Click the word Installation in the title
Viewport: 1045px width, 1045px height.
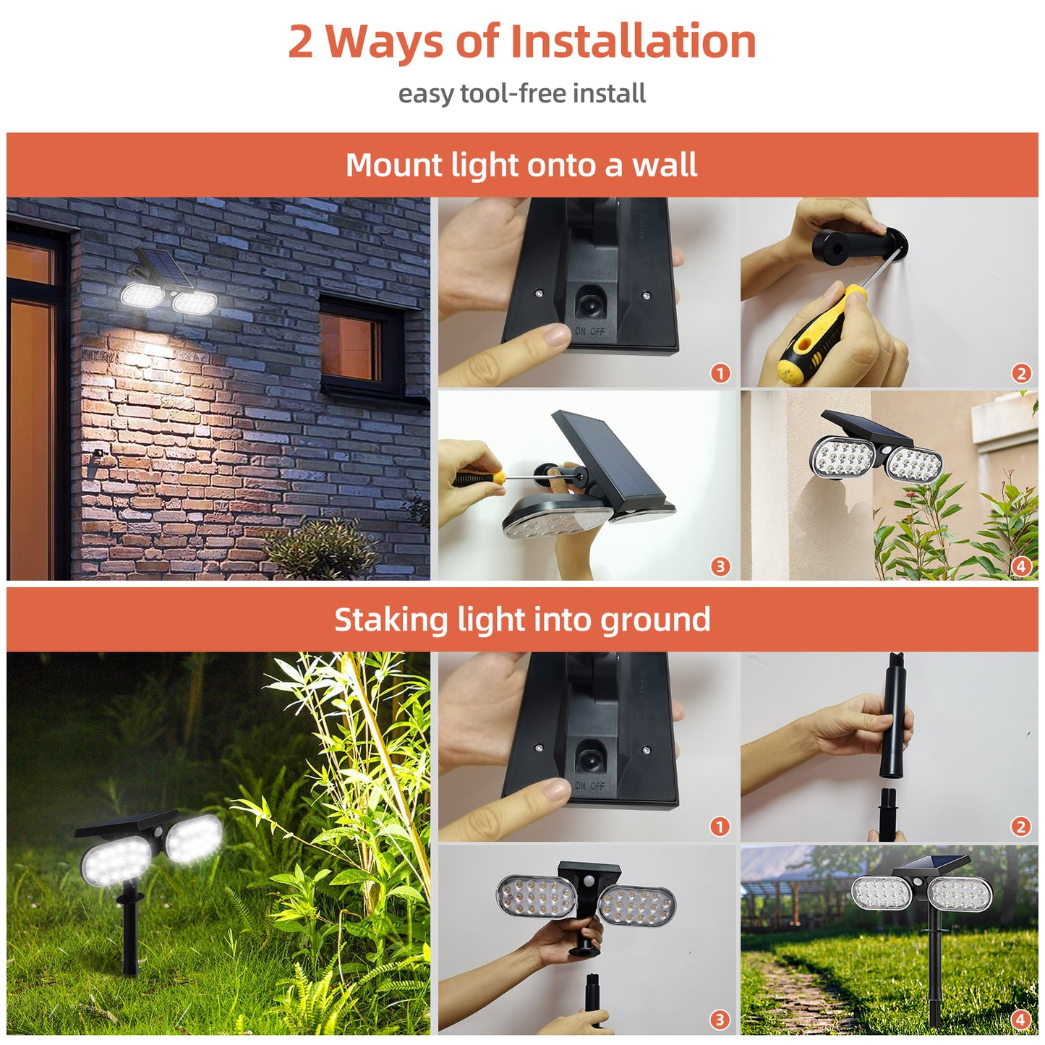point(633,41)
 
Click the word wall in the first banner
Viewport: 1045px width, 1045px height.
point(665,165)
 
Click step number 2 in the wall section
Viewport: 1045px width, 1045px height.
point(1020,373)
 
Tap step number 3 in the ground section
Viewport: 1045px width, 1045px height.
point(719,1020)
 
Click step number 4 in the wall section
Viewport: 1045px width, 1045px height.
point(1020,566)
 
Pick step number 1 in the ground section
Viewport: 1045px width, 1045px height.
point(719,826)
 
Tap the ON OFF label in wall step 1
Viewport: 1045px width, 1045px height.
point(589,331)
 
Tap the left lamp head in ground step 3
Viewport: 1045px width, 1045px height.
point(537,897)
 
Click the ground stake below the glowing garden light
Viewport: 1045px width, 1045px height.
point(130,933)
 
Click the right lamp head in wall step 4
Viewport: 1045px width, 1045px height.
point(915,464)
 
